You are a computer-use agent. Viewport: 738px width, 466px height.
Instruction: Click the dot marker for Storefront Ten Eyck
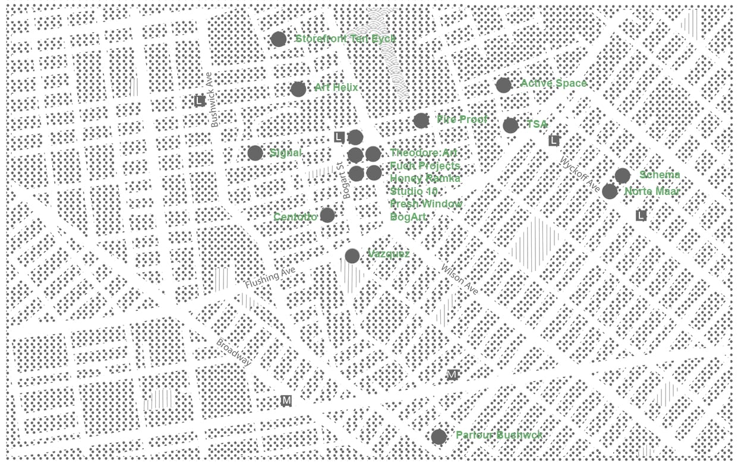(x=279, y=39)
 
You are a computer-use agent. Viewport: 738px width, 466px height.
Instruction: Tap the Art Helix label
(x=336, y=88)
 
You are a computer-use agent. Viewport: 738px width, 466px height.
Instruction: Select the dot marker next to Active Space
(x=504, y=85)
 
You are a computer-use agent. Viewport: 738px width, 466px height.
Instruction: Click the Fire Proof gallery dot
(x=421, y=121)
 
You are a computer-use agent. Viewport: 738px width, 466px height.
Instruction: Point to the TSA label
(x=537, y=124)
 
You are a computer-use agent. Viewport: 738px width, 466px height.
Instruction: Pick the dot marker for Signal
(x=256, y=153)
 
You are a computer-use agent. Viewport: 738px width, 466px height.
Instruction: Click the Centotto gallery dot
(x=327, y=215)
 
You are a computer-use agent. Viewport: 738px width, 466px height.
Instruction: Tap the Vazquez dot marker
(x=352, y=256)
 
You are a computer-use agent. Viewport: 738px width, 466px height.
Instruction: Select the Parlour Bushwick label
(x=499, y=435)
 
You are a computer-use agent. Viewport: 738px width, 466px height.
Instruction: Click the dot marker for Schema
(x=622, y=175)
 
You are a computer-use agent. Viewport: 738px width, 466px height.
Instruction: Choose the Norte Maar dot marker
(x=610, y=191)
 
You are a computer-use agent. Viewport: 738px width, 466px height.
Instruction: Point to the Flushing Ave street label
(x=270, y=278)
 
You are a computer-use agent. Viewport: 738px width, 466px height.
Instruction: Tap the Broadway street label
(x=234, y=352)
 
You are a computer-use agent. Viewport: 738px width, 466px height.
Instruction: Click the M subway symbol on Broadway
(x=286, y=401)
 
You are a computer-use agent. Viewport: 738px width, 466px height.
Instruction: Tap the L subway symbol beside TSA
(x=554, y=141)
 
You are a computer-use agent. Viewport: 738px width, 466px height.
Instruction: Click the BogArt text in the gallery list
(x=408, y=217)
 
